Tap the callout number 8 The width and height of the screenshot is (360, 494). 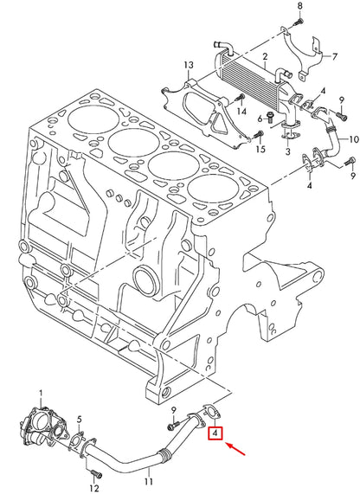point(300,6)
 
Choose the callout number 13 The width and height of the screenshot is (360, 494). point(188,65)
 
